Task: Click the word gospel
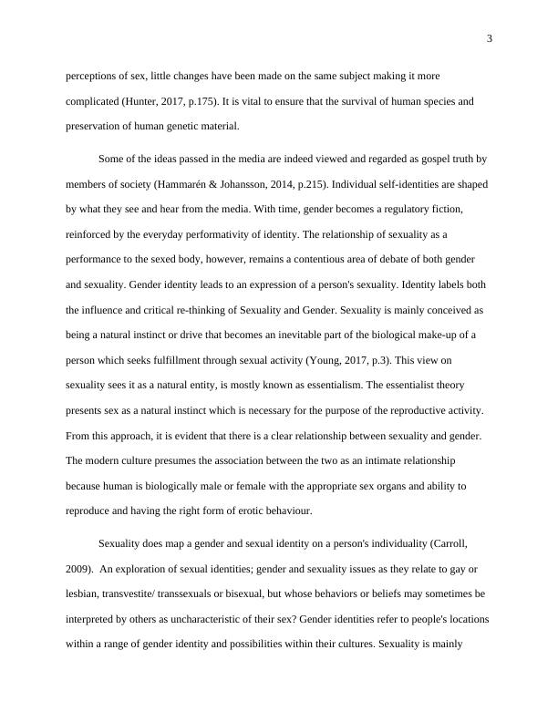(x=409, y=158)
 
